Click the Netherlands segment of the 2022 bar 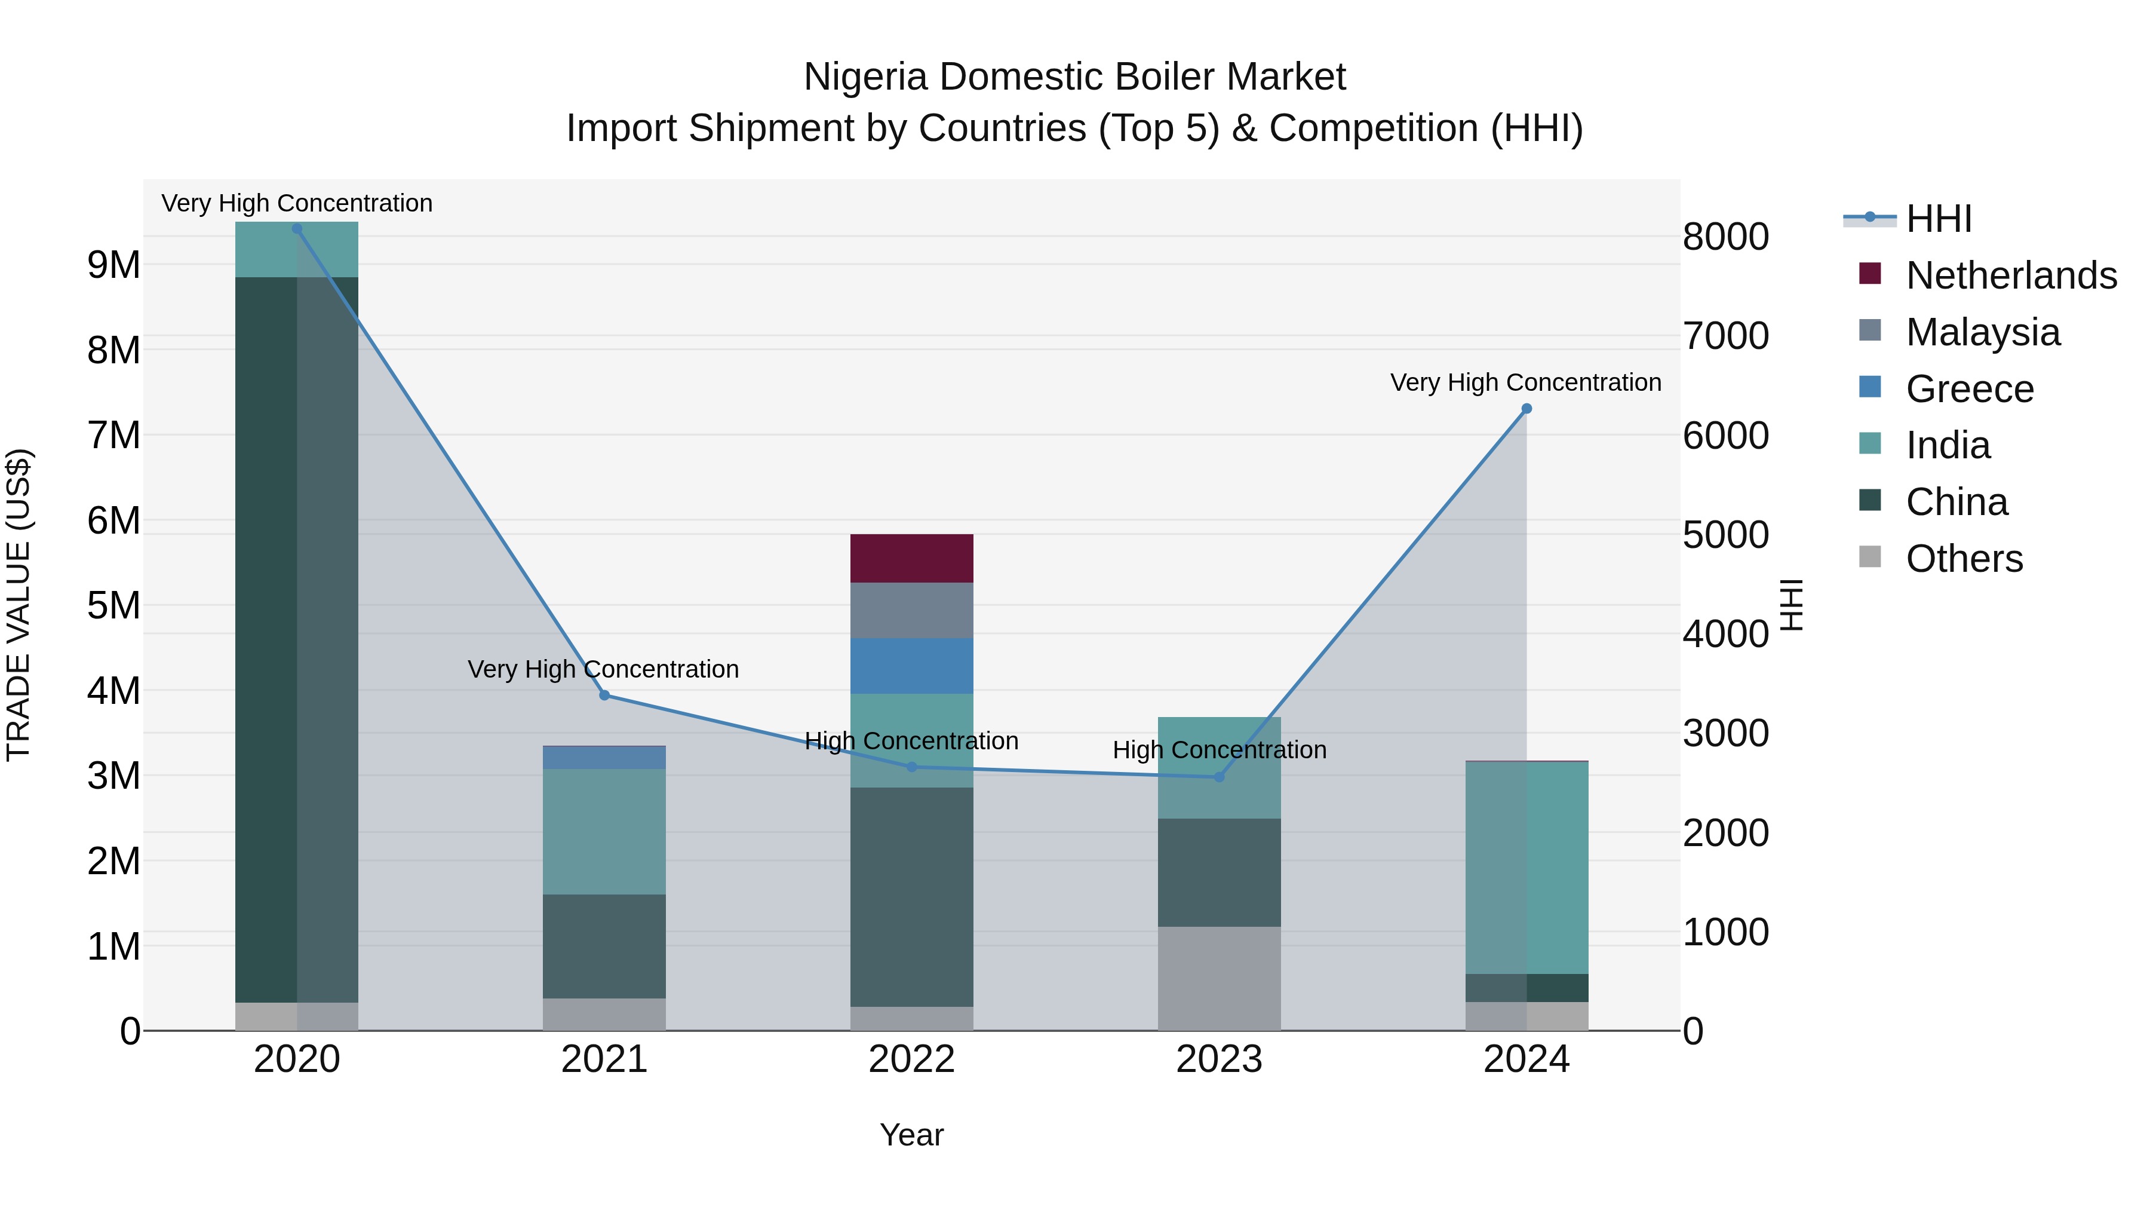pos(911,558)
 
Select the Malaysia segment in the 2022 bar pos(911,611)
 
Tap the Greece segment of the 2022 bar pos(911,666)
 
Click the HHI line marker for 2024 pos(1526,408)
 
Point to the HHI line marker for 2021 pos(604,696)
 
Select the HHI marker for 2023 pos(1218,777)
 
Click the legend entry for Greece pos(1970,389)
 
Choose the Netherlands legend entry pos(2011,275)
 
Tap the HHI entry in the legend pos(1938,219)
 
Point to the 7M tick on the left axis pos(113,436)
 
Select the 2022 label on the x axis pos(911,1059)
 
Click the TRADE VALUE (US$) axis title pos(19,605)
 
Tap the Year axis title pos(911,1135)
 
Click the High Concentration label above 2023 pos(1218,750)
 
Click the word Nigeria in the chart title pos(865,77)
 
